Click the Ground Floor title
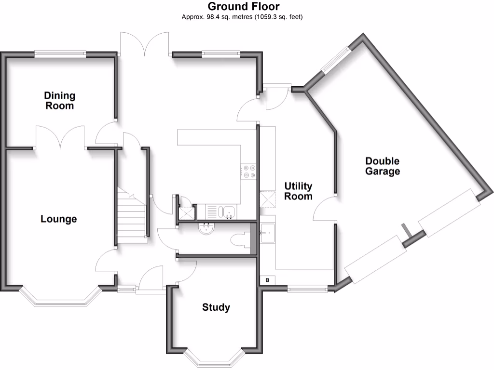(243, 7)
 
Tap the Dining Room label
(60, 100)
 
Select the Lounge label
(58, 219)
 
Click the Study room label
(216, 307)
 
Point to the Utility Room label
(298, 191)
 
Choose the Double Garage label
(382, 166)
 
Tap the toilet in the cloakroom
(240, 239)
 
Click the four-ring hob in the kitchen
(249, 171)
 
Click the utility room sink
(267, 234)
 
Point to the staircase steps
(131, 217)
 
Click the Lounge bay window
(60, 299)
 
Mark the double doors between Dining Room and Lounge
(60, 138)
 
